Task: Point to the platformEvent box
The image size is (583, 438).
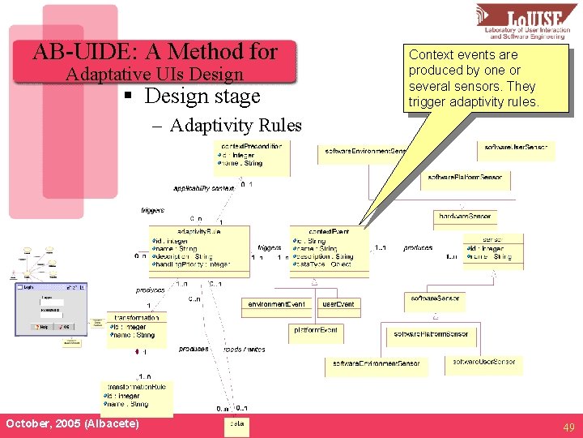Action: [x=316, y=330]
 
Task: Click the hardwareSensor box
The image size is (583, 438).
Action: [x=464, y=217]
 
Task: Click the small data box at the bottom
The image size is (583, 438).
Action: [x=236, y=424]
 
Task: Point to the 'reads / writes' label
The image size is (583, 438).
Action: [x=244, y=349]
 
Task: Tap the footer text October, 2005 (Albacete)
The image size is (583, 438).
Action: [x=72, y=424]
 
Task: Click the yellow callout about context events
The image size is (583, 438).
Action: [x=473, y=78]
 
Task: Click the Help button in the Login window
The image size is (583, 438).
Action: [x=43, y=326]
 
